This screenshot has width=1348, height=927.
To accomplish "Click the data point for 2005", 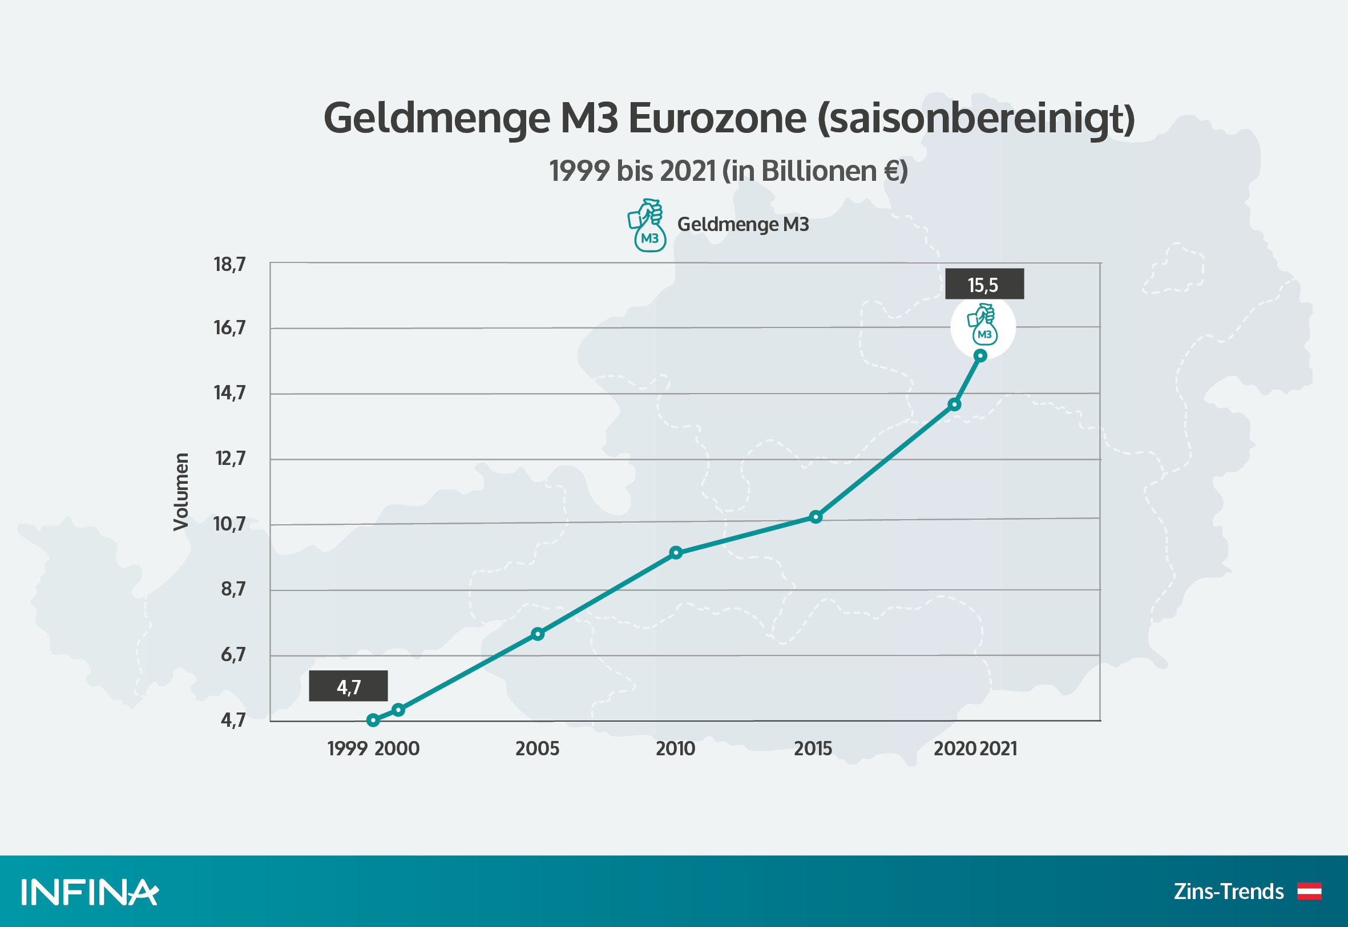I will [538, 634].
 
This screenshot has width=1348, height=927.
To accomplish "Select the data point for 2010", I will [676, 552].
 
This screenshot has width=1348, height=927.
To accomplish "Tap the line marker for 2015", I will [816, 516].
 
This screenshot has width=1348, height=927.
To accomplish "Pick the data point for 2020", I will [954, 404].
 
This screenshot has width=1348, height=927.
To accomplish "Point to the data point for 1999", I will [373, 720].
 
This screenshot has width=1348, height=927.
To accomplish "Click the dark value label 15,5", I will [984, 284].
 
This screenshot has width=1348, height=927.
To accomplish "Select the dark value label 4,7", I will [348, 686].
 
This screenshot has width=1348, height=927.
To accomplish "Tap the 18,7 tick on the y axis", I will [229, 264].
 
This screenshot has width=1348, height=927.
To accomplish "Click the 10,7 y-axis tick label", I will [229, 524].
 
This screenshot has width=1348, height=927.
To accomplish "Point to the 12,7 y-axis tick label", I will [230, 459].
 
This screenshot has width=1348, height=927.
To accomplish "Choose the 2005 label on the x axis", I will [538, 748].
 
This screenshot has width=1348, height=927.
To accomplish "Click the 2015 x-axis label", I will [813, 748].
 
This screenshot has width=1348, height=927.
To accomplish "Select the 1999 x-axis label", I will [347, 748].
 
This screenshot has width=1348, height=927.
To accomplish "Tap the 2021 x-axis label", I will [998, 748].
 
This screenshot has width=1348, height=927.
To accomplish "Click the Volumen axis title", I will [181, 491].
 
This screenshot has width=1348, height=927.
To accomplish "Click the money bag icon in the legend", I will [647, 225].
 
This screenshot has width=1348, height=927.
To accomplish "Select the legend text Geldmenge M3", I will [742, 224].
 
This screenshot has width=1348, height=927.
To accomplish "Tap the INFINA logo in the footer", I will [90, 892].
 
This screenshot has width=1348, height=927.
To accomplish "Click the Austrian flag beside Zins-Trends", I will [1310, 891].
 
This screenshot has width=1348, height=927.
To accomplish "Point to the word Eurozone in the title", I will [717, 118].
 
